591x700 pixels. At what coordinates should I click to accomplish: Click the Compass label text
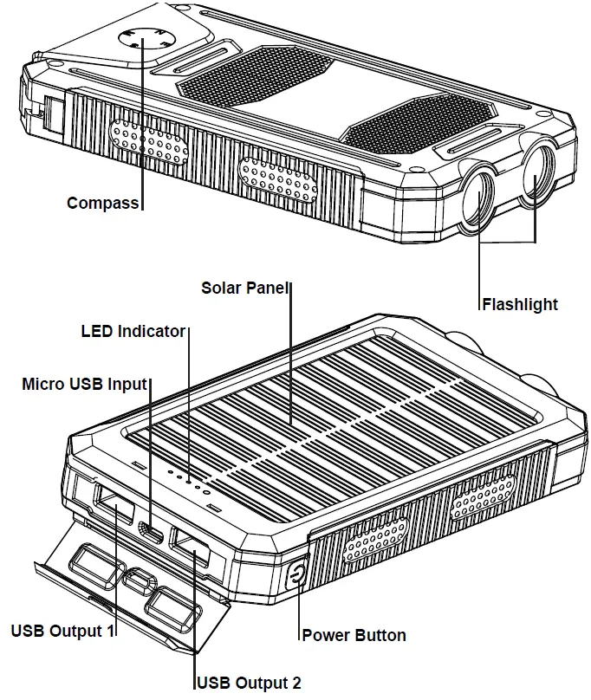103,204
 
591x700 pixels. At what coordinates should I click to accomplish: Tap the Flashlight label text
520,304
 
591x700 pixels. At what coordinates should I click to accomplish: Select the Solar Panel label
245,287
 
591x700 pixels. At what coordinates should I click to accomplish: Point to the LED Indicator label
133,331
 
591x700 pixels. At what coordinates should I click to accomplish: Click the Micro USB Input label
84,383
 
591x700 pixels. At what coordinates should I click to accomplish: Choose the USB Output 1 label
62,630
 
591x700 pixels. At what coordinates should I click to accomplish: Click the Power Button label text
354,635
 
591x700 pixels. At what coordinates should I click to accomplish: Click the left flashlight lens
477,198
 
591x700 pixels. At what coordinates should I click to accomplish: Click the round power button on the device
296,575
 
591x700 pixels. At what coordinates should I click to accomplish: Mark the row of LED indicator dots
188,480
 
